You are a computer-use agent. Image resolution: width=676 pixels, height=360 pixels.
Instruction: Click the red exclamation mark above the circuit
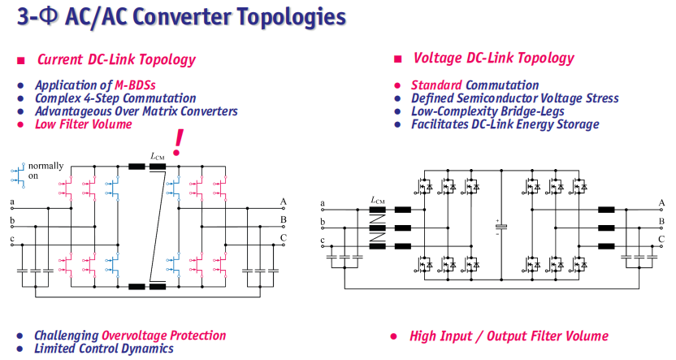(177, 143)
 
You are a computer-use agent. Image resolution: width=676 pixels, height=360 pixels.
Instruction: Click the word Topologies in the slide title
(291, 18)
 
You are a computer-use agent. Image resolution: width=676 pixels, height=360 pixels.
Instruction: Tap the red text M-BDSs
(135, 85)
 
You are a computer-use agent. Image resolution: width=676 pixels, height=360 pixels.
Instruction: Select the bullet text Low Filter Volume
(84, 124)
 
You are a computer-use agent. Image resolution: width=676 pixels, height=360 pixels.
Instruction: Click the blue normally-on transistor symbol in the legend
(18, 176)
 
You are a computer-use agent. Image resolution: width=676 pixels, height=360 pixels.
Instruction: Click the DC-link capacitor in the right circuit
(501, 227)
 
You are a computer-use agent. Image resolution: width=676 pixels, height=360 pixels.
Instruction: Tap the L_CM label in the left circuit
(158, 156)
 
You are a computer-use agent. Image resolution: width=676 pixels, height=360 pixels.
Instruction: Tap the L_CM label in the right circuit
(378, 200)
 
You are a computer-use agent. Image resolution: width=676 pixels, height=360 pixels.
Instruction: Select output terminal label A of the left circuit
(284, 202)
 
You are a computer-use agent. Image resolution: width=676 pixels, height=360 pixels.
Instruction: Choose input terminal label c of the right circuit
(323, 241)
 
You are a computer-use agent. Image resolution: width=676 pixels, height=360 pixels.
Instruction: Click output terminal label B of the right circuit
(661, 222)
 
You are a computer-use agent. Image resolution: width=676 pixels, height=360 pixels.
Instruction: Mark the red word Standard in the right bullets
(436, 85)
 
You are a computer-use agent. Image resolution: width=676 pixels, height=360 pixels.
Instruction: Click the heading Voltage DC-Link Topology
(494, 59)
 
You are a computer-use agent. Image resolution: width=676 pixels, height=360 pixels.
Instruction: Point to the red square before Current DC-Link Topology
(21, 60)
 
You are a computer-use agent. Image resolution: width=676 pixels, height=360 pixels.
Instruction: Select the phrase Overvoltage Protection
(164, 336)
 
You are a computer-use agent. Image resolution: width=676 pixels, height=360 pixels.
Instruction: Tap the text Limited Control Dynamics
(104, 349)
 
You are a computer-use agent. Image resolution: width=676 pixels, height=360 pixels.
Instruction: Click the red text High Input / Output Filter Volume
(509, 336)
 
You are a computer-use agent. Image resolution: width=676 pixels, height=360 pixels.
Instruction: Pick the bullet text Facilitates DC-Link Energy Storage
(505, 124)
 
